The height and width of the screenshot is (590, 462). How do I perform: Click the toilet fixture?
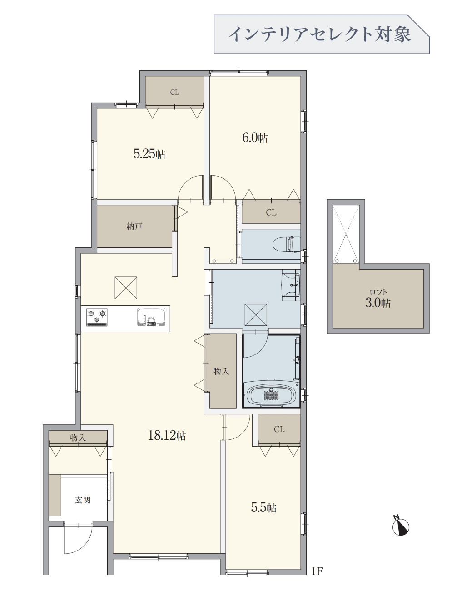tap(287, 244)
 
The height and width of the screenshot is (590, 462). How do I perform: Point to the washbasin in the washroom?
tap(291, 285)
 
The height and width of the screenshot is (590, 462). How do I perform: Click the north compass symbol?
tap(400, 527)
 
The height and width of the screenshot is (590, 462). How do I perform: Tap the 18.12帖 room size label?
tap(167, 436)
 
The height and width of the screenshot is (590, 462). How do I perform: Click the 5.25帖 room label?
tap(149, 154)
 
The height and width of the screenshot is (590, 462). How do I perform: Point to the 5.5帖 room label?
tap(263, 507)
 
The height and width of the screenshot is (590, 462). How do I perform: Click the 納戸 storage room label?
tap(134, 226)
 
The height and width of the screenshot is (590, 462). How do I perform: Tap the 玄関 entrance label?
tap(83, 500)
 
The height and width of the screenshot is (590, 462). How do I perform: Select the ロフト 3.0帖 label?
tap(378, 299)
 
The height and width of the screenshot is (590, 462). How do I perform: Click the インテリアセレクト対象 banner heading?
tap(319, 34)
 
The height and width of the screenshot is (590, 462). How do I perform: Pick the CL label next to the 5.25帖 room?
tap(174, 92)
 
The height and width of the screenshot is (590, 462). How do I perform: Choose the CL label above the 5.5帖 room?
tap(279, 429)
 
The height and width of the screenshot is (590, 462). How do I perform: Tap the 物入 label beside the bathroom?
tap(222, 371)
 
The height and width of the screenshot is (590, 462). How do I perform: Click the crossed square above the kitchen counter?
tap(126, 288)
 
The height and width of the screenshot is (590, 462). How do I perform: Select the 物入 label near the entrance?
tap(78, 438)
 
